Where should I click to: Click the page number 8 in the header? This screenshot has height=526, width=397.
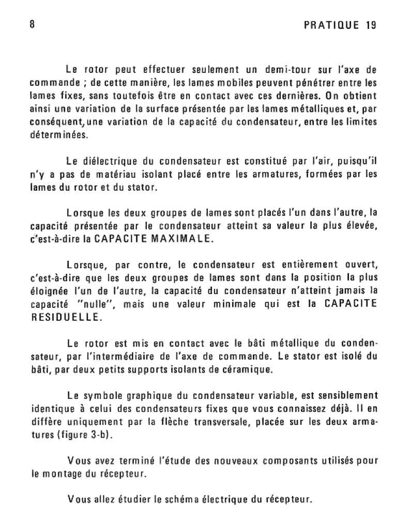point(32,25)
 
